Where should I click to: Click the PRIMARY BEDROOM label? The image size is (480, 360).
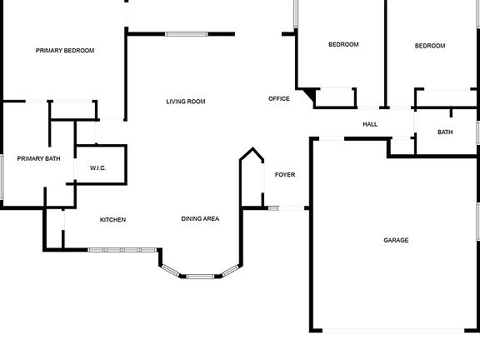point(65,51)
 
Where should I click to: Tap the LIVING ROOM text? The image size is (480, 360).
point(186,102)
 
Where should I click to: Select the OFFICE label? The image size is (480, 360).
point(279,98)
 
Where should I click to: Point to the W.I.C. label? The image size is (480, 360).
point(98,168)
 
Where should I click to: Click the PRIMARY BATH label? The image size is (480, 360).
point(38,158)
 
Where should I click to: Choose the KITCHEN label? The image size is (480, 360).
point(113,220)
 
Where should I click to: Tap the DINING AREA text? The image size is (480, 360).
point(200,219)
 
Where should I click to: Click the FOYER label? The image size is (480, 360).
point(285,175)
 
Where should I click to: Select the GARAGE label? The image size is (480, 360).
point(396,240)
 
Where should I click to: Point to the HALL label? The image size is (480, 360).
point(370,124)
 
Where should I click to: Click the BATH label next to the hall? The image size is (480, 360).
point(445,132)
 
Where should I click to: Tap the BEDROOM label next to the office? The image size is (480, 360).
point(343,45)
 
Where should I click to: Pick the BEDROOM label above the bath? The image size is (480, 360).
point(430,46)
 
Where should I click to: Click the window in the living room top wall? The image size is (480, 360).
point(187,34)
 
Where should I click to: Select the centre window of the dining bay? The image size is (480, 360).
point(201,277)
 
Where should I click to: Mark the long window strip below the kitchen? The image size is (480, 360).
point(122,250)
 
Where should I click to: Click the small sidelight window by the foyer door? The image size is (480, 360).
point(274,208)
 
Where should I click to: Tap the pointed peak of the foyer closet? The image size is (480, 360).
point(252,148)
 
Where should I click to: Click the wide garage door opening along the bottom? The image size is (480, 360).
point(393,331)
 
